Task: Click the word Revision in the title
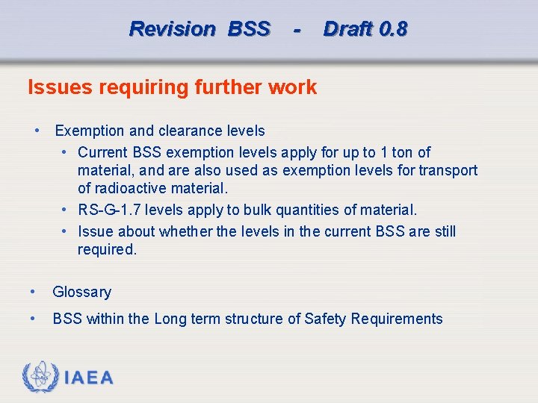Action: click(x=172, y=29)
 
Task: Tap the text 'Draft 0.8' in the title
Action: click(x=365, y=29)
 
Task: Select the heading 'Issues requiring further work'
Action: click(x=172, y=87)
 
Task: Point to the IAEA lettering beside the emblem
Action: click(x=89, y=378)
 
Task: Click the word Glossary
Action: click(x=81, y=292)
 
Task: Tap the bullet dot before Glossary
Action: click(x=32, y=292)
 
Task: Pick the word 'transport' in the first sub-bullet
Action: click(x=448, y=170)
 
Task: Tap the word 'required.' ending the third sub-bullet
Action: click(x=107, y=249)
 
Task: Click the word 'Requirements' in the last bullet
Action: click(x=397, y=319)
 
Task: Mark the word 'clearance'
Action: click(x=188, y=131)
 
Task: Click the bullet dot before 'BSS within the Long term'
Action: click(x=32, y=319)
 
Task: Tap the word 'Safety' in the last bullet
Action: click(x=326, y=319)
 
